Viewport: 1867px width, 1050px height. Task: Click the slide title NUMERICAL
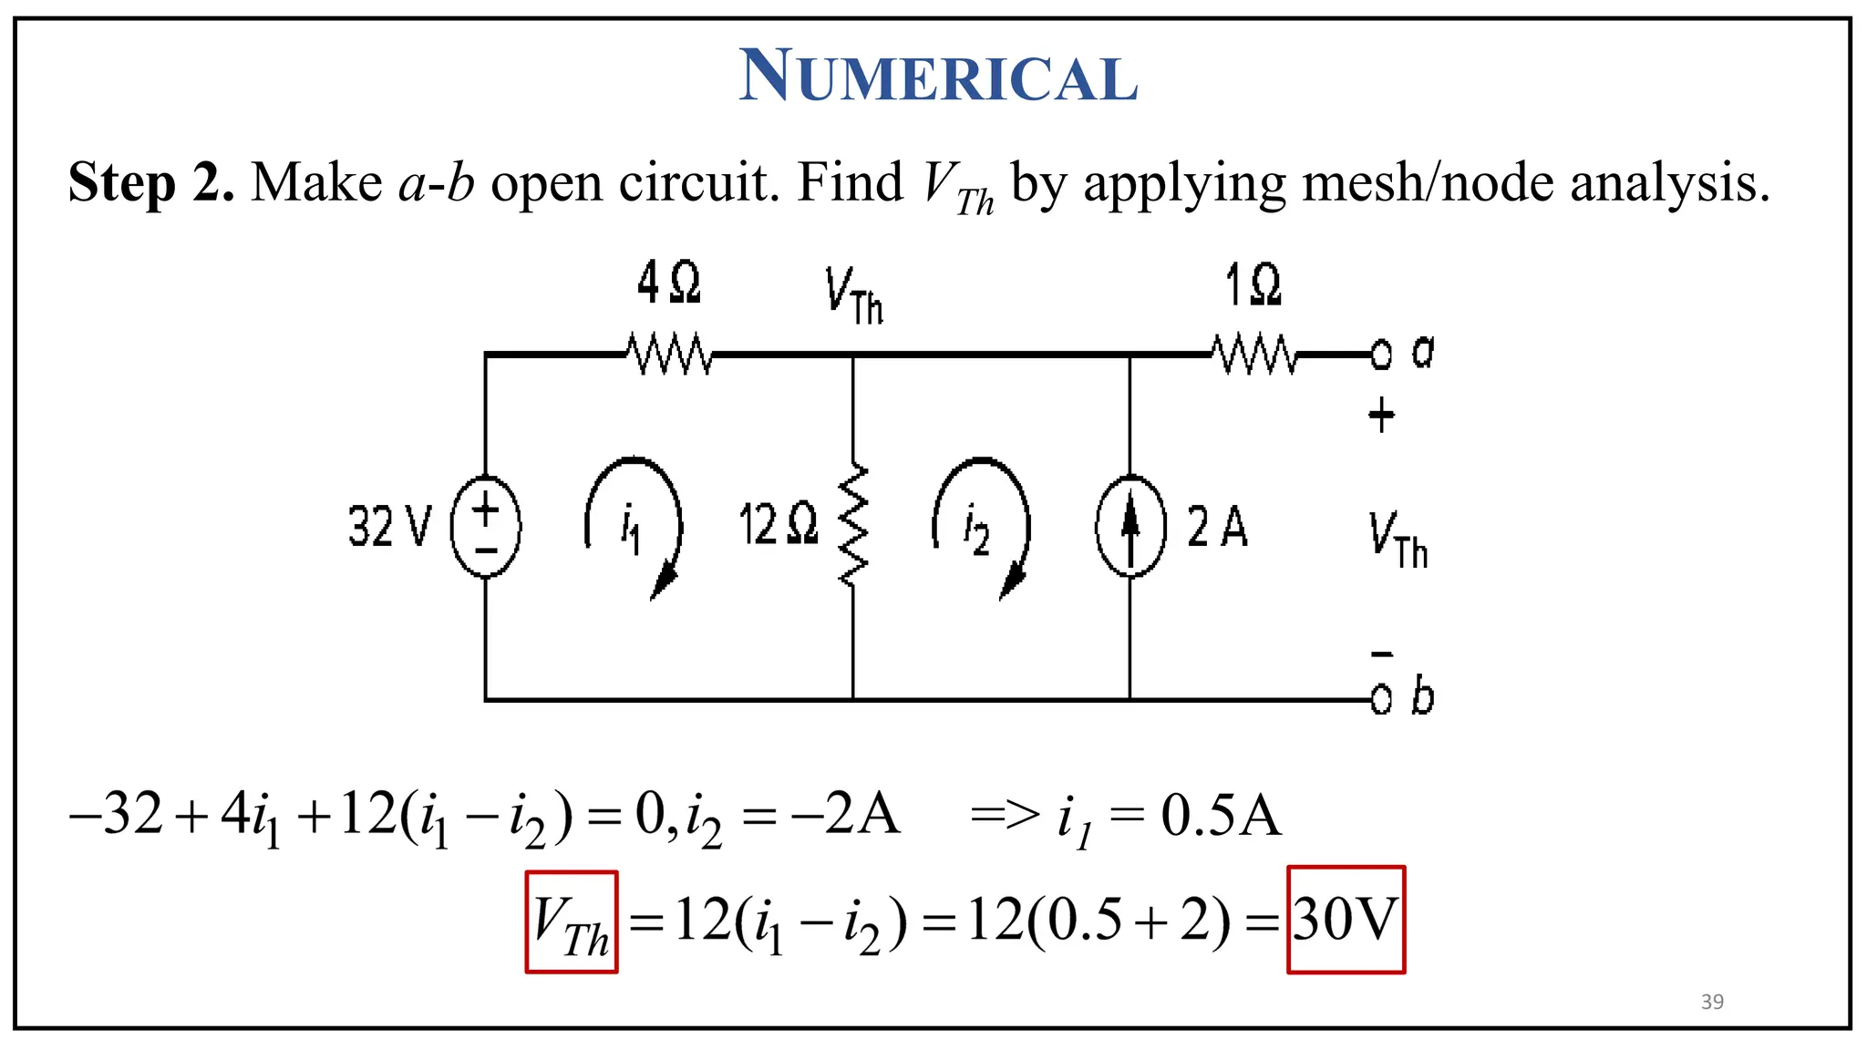[938, 76]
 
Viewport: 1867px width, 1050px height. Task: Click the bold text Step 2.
[151, 182]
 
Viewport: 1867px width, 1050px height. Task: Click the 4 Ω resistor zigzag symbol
[669, 355]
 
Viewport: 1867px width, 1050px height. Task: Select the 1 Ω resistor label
[1253, 285]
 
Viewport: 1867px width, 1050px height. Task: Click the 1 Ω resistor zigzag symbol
[1254, 355]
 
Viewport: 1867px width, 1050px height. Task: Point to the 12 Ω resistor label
[779, 526]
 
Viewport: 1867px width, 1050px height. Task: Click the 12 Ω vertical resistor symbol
[853, 527]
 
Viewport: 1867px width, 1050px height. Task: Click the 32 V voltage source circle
[486, 527]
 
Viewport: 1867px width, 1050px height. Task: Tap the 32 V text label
[389, 527]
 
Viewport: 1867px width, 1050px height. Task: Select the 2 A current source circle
[1130, 527]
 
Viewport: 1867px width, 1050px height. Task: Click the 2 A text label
[1217, 527]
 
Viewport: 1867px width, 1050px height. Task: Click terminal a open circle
[1381, 355]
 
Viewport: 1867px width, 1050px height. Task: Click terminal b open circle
[1381, 700]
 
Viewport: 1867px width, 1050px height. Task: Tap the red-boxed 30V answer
[1346, 920]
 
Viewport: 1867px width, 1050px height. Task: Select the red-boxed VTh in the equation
[572, 921]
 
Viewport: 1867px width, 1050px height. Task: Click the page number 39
[1712, 1002]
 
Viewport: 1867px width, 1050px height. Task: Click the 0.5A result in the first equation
[1221, 816]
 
